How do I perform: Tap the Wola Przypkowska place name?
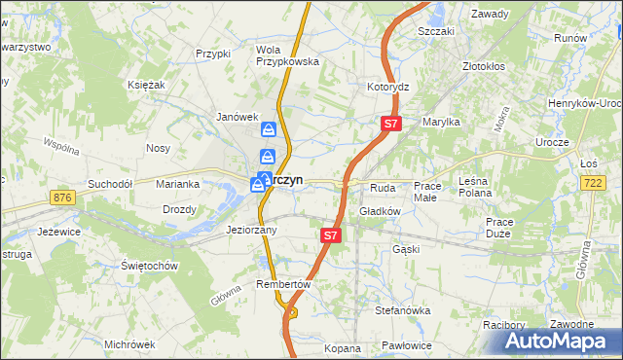[x=287, y=54]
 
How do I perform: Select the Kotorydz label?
[x=387, y=87]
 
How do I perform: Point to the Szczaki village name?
[x=436, y=31]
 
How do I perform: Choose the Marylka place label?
[x=441, y=122]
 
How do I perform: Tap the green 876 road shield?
[x=64, y=198]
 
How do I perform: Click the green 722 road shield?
[x=592, y=182]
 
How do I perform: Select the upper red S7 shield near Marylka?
[x=390, y=124]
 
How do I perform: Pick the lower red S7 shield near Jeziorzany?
[x=331, y=235]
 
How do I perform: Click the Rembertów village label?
[x=282, y=284]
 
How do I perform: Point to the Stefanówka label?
[x=403, y=310]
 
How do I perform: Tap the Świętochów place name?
[x=147, y=265]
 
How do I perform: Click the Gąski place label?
[x=405, y=248]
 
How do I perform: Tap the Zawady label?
[x=490, y=14]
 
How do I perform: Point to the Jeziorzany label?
[x=252, y=231]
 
